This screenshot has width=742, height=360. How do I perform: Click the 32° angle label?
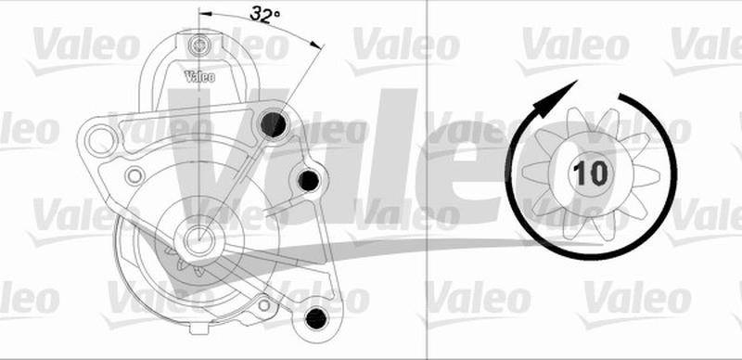pos(265,14)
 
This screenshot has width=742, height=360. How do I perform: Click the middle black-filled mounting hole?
pos(308,179)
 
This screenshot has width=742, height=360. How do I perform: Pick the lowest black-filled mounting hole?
pos(315,317)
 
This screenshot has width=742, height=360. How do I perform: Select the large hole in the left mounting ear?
pos(98,140)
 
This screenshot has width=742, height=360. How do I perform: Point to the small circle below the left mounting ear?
pos(134,174)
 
